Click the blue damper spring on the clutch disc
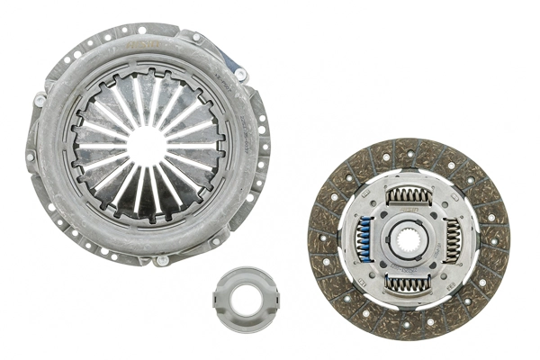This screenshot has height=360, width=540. pos(364,238)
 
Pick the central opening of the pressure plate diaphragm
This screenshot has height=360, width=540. pos(148,144)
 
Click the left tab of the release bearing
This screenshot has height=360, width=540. pos(218,295)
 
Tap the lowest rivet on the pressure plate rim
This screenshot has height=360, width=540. pos(161,260)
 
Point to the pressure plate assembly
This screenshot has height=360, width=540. pos(148,144)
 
